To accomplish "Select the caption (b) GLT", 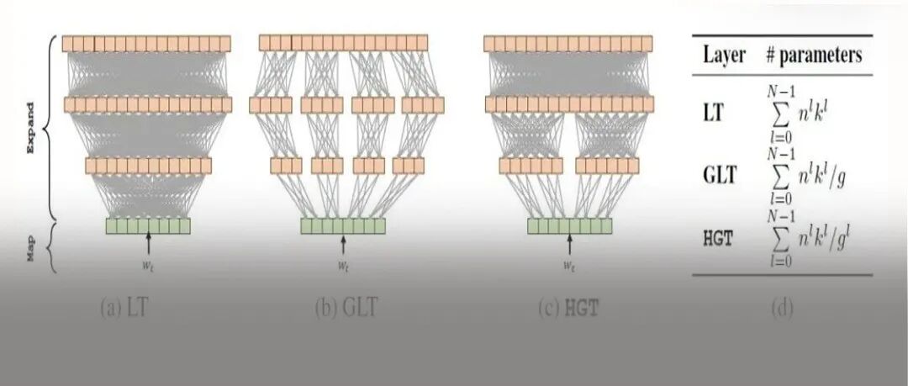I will tap(346, 308).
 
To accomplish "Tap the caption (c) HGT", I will tap(569, 308).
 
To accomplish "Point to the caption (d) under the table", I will tap(782, 308).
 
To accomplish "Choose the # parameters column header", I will tap(813, 56).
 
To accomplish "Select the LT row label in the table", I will tap(714, 111).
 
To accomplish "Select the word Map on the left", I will tap(31, 248).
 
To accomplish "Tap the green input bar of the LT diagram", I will tap(149, 225).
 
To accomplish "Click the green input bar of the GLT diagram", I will tap(343, 225).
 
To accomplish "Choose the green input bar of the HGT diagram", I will tap(569, 225).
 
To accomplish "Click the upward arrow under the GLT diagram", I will tap(343, 244).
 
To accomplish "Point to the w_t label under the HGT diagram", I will tap(569, 266).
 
